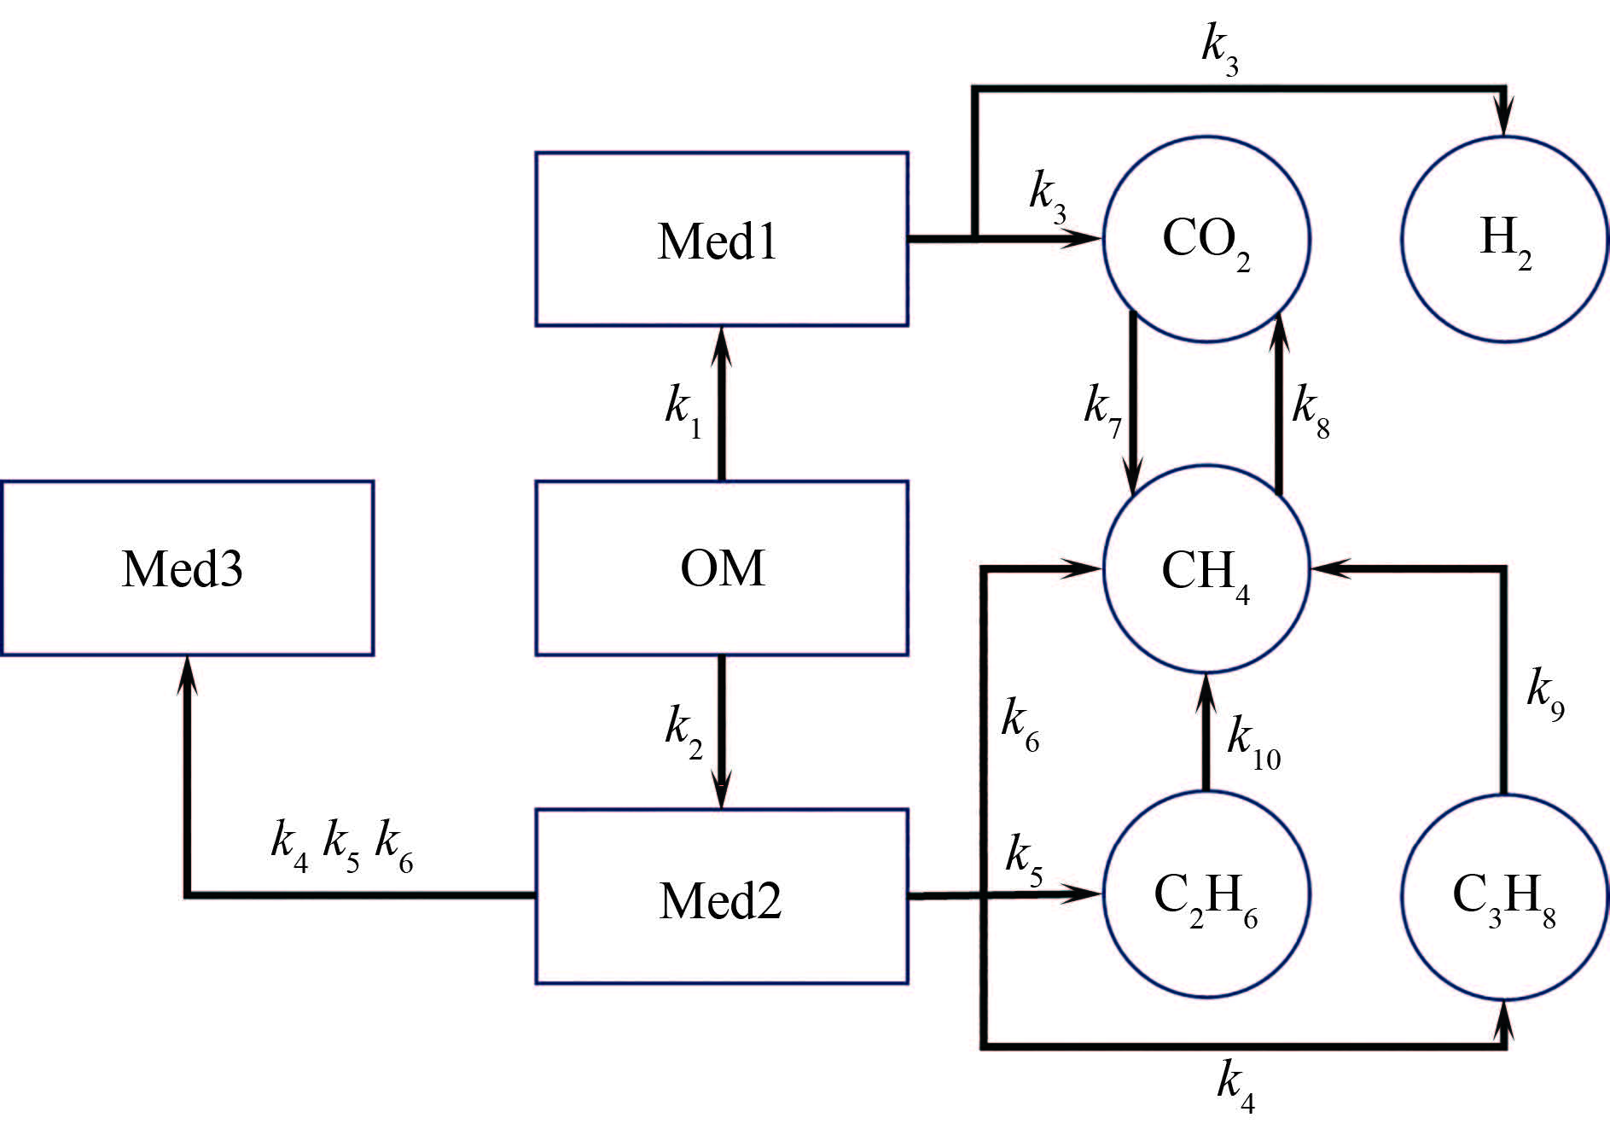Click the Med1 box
(x=721, y=240)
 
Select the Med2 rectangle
(x=721, y=896)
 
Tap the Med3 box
(x=187, y=567)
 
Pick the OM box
(x=721, y=567)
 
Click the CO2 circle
(x=1206, y=239)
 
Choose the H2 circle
(x=1505, y=239)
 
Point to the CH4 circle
(x=1206, y=568)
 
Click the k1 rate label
(x=683, y=409)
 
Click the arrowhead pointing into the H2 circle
(x=1505, y=119)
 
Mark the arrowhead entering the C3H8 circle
(x=1505, y=1020)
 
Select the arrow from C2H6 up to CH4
(x=1206, y=734)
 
